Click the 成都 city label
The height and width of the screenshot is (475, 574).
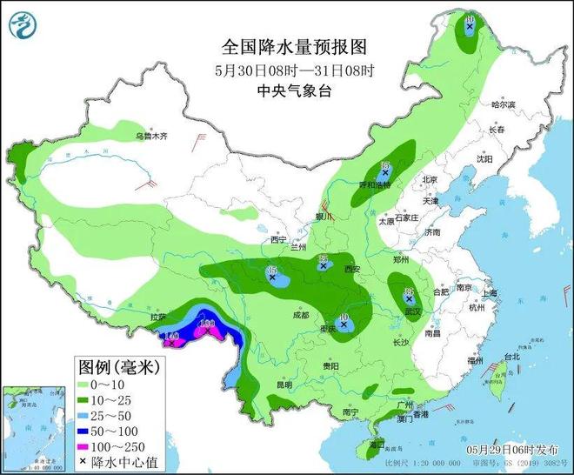[301, 315]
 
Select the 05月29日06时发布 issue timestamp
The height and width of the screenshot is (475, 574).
[513, 449]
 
